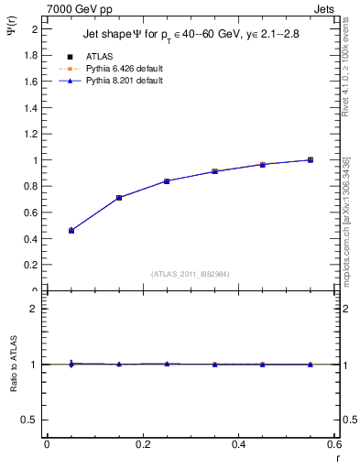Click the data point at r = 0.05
[x=71, y=230]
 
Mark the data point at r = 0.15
[x=119, y=197]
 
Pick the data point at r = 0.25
[x=167, y=180]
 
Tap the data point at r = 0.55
[x=311, y=159]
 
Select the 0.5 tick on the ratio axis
[x=32, y=420]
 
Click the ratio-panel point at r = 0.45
[x=263, y=365]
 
